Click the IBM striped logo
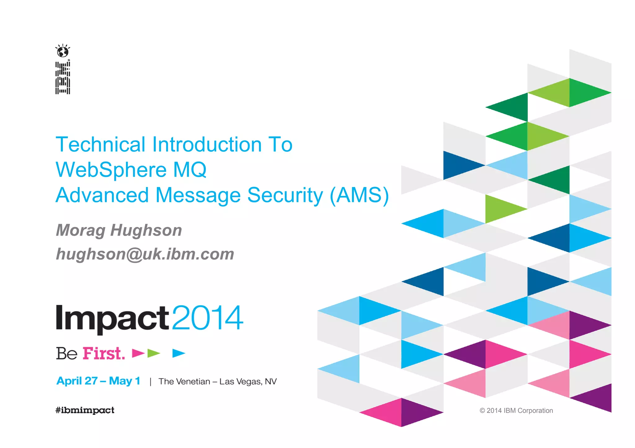(x=63, y=78)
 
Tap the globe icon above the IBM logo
(x=63, y=51)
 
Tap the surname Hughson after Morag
(x=146, y=230)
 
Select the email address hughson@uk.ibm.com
(x=145, y=254)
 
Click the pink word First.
(x=104, y=353)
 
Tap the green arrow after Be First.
(x=153, y=353)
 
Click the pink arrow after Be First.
(x=138, y=353)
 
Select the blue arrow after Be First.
(x=179, y=353)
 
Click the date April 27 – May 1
(x=98, y=381)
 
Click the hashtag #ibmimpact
(x=85, y=410)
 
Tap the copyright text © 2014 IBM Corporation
(x=516, y=411)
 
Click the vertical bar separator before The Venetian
(x=150, y=381)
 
